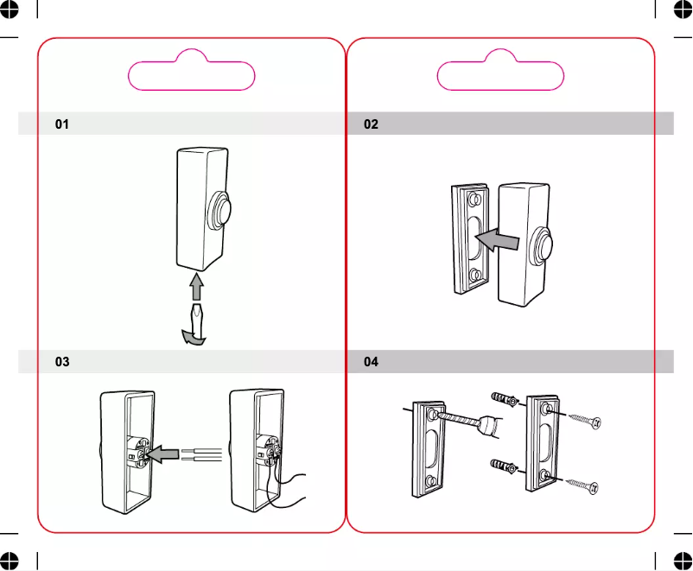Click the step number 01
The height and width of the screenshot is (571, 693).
[62, 124]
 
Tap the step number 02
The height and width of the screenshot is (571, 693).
[371, 124]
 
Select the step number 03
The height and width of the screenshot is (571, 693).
[62, 362]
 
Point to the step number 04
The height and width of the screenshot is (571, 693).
[371, 362]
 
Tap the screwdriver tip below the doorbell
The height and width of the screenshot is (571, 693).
[198, 310]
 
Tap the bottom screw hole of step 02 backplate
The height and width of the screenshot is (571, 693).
[474, 276]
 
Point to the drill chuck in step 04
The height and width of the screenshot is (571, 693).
[491, 425]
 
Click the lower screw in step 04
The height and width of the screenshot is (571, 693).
[585, 486]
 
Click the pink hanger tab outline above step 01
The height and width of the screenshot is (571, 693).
[192, 74]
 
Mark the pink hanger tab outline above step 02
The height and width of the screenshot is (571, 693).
[500, 74]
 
